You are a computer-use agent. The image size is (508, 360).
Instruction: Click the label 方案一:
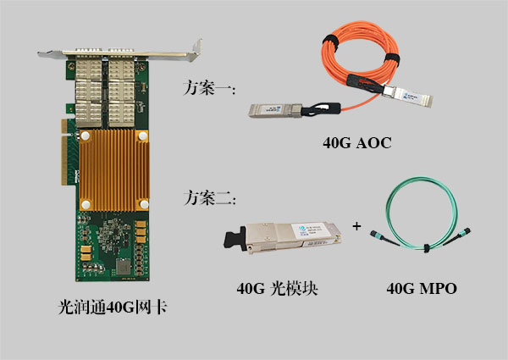click(209, 87)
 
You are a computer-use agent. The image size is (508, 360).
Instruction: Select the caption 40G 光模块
click(283, 289)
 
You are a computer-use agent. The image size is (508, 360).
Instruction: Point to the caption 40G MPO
click(421, 289)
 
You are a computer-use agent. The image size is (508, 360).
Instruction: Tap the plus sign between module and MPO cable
click(356, 226)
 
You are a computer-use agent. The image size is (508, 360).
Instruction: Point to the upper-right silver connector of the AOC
click(408, 97)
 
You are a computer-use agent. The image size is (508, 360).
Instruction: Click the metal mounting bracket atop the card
click(119, 50)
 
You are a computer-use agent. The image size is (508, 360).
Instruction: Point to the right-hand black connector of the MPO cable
click(462, 235)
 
